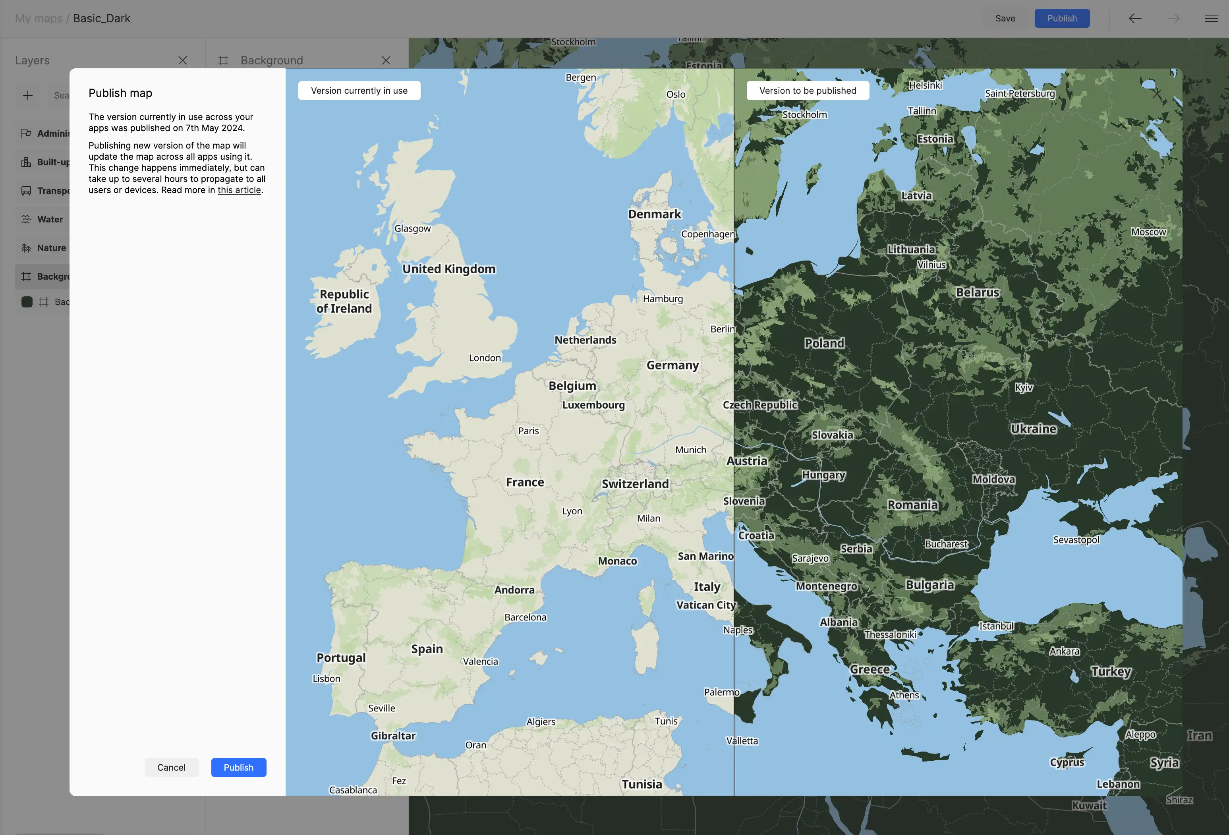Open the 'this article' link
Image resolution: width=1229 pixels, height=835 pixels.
239,190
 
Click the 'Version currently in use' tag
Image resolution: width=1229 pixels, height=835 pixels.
359,91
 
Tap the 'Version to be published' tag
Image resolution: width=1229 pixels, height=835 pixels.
807,91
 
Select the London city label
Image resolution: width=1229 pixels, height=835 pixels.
484,358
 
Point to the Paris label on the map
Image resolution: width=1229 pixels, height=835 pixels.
528,431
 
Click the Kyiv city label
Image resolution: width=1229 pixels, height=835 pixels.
1023,387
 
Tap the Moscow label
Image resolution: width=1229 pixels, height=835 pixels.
1148,232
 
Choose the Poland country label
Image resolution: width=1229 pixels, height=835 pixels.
824,343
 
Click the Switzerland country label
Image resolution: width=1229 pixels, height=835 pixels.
635,484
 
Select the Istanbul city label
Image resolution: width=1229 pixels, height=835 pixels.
996,626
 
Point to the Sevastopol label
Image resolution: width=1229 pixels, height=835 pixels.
1076,540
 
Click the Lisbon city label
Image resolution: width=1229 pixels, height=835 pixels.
326,678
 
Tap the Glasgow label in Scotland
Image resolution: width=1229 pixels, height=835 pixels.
412,228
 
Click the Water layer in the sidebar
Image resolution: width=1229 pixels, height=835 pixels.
50,219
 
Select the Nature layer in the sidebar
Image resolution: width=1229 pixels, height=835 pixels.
51,248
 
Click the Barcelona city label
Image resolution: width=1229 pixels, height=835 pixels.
525,617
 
